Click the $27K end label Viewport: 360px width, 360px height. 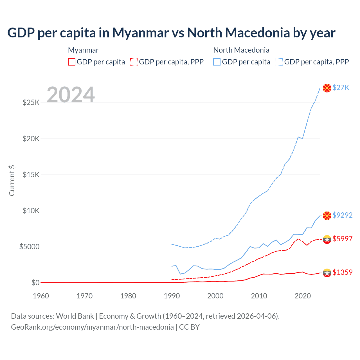(x=341, y=87)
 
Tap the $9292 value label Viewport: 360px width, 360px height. (x=342, y=215)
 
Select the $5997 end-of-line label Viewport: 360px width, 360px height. (x=342, y=239)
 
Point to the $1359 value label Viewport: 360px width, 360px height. (x=342, y=272)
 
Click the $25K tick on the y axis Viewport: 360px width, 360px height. (x=31, y=102)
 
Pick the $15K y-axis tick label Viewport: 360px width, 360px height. (x=31, y=175)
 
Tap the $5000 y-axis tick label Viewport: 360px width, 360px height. (x=29, y=247)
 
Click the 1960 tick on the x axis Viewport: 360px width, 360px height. (x=41, y=296)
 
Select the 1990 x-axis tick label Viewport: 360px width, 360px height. (x=172, y=296)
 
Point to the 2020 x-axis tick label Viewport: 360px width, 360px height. (x=302, y=296)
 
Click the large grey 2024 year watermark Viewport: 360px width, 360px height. (x=71, y=95)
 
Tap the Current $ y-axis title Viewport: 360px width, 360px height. (x=12, y=181)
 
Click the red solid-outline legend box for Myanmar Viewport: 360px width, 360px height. (x=72, y=62)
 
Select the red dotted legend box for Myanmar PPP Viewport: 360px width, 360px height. (x=134, y=62)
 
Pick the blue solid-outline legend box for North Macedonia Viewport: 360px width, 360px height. (x=217, y=62)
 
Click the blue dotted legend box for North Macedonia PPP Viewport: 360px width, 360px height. (x=279, y=62)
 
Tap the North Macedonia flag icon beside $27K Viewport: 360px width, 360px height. (x=327, y=88)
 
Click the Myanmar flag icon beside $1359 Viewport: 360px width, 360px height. (x=327, y=273)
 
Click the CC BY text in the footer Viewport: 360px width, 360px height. (x=189, y=327)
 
